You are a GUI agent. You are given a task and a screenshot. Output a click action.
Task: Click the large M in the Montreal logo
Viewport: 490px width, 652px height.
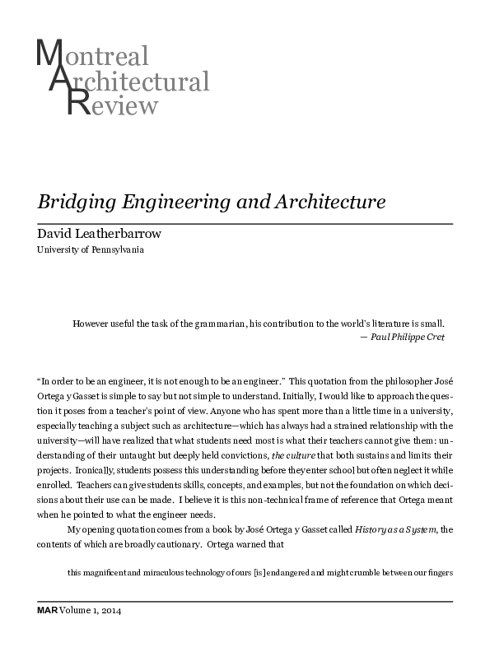(49, 55)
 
